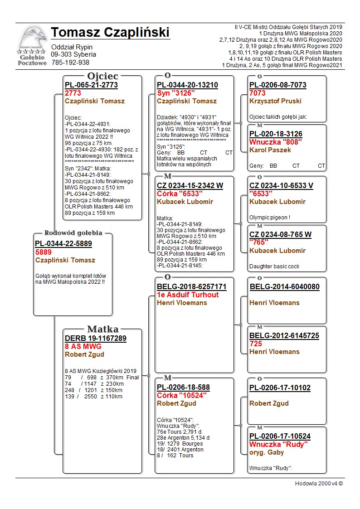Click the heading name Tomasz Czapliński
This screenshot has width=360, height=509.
point(110,33)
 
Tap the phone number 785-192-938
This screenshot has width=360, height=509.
point(70,63)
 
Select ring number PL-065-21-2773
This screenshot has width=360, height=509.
point(91,85)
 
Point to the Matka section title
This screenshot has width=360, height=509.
point(102,330)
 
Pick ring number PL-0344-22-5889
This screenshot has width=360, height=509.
point(63,244)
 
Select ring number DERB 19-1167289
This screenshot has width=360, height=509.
point(96,339)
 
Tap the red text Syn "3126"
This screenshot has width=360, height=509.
point(176,93)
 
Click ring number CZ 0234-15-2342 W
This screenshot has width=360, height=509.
point(190,186)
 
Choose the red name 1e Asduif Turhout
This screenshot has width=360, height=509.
point(188,295)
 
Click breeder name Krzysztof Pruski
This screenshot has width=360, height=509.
point(275,101)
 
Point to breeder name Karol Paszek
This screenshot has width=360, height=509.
point(270,150)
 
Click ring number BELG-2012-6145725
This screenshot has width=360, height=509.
point(284,336)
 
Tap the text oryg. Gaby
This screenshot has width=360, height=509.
point(267,452)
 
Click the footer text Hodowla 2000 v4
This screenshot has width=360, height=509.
point(319,484)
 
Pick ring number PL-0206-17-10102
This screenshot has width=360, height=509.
point(280,388)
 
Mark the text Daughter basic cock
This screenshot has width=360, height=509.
point(274,267)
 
